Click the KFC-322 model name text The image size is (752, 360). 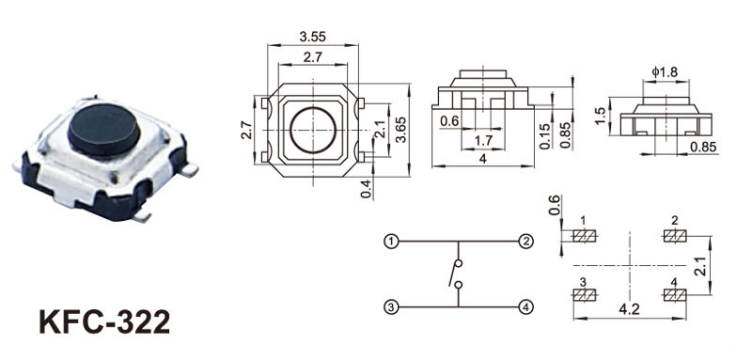[104, 321]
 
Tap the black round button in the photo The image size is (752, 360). [103, 130]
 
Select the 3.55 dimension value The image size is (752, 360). [313, 37]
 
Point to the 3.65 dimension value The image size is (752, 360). [401, 130]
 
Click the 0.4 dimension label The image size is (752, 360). [367, 189]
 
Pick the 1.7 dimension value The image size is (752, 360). [482, 140]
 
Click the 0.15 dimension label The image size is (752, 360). [545, 135]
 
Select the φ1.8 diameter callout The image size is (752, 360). [665, 72]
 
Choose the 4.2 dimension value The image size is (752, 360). [629, 309]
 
